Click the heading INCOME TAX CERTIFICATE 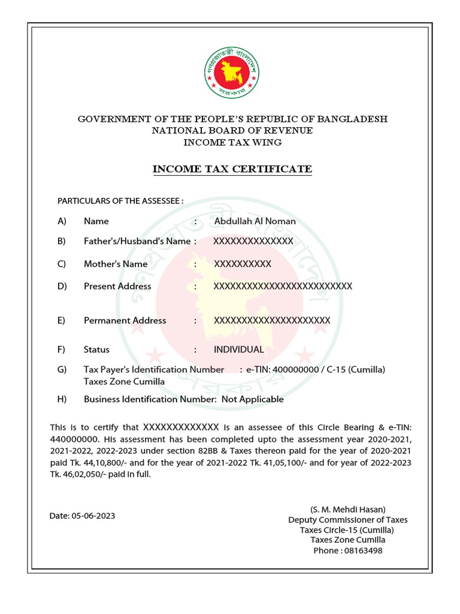point(232,169)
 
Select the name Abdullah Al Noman point(255,221)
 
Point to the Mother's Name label point(116,264)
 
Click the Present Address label point(117,286)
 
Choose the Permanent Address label point(125,320)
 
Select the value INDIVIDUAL point(238,350)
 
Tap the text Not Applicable point(252,399)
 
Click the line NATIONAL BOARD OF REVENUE point(232,130)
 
